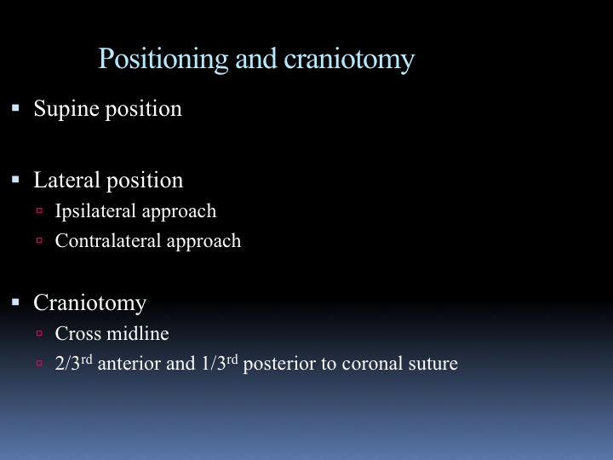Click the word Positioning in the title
[x=163, y=60]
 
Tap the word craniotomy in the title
[x=349, y=60]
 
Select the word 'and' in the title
[x=256, y=59]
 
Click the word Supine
[x=66, y=109]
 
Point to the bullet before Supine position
[x=15, y=107]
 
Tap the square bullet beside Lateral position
[x=15, y=180]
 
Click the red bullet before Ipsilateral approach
[x=39, y=210]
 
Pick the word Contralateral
[x=108, y=240]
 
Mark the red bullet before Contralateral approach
[x=39, y=239]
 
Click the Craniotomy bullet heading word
[x=90, y=303]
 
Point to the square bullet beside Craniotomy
[x=15, y=302]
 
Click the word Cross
[x=78, y=334]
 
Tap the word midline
[x=138, y=333]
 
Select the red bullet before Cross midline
[x=39, y=333]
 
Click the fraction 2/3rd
[x=73, y=363]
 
